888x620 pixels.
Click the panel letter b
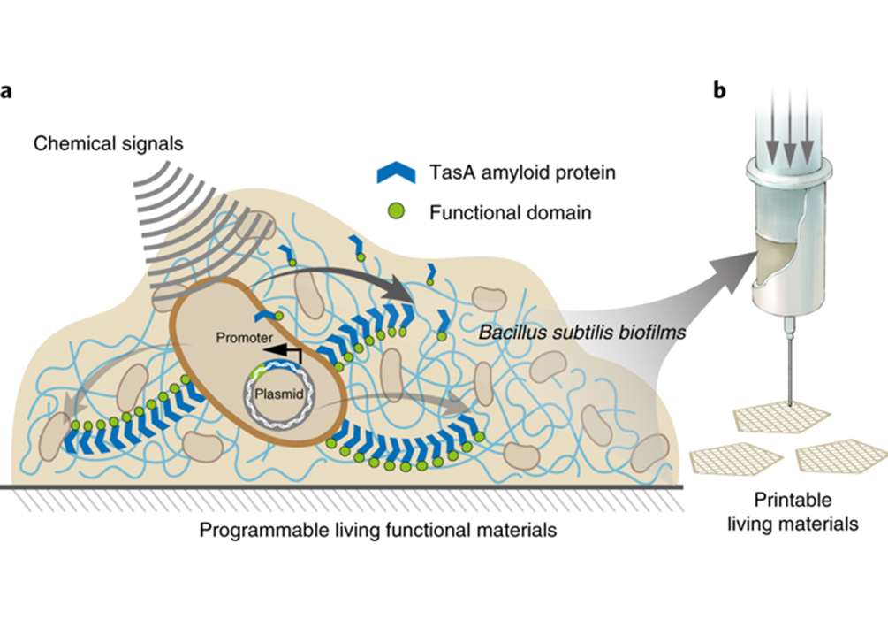(x=720, y=91)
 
